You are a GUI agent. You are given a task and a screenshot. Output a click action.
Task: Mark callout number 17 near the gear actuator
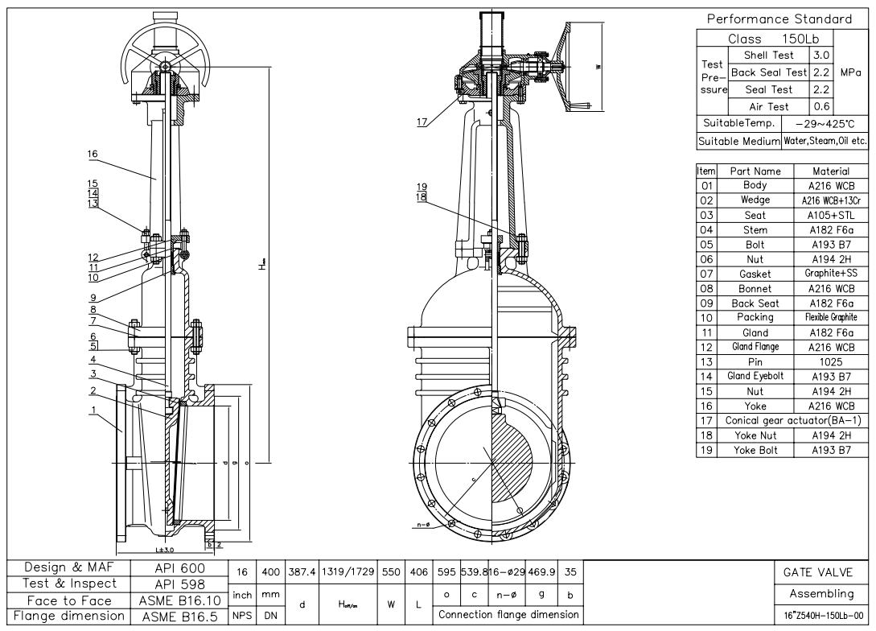click(x=422, y=122)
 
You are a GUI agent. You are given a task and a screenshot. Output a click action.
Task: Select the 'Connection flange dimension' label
click(x=508, y=614)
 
